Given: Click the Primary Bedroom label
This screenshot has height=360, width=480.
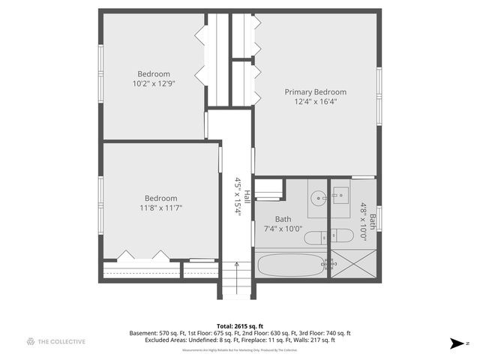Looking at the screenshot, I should pyautogui.click(x=315, y=91).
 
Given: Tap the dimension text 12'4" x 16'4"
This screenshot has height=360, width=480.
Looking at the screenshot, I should pyautogui.click(x=315, y=101).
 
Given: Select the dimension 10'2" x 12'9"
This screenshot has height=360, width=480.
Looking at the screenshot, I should pyautogui.click(x=154, y=83).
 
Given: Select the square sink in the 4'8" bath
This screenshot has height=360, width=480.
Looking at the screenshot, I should pyautogui.click(x=340, y=196).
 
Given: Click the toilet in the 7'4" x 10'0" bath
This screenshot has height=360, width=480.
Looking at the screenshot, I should pyautogui.click(x=315, y=238).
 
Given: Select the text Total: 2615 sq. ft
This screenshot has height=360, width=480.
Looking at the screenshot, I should pyautogui.click(x=239, y=325).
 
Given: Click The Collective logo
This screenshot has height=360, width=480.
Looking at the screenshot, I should pyautogui.click(x=55, y=342).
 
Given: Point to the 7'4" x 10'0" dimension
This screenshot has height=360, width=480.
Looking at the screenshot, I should pyautogui.click(x=277, y=229).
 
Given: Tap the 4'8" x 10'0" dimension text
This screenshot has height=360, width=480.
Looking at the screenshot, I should pyautogui.click(x=364, y=221).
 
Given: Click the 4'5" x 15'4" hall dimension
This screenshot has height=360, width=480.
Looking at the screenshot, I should pyautogui.click(x=237, y=196).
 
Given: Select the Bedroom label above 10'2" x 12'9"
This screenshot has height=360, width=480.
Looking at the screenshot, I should pyautogui.click(x=154, y=73).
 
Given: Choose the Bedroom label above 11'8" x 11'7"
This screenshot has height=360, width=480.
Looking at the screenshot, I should pyautogui.click(x=161, y=198).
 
